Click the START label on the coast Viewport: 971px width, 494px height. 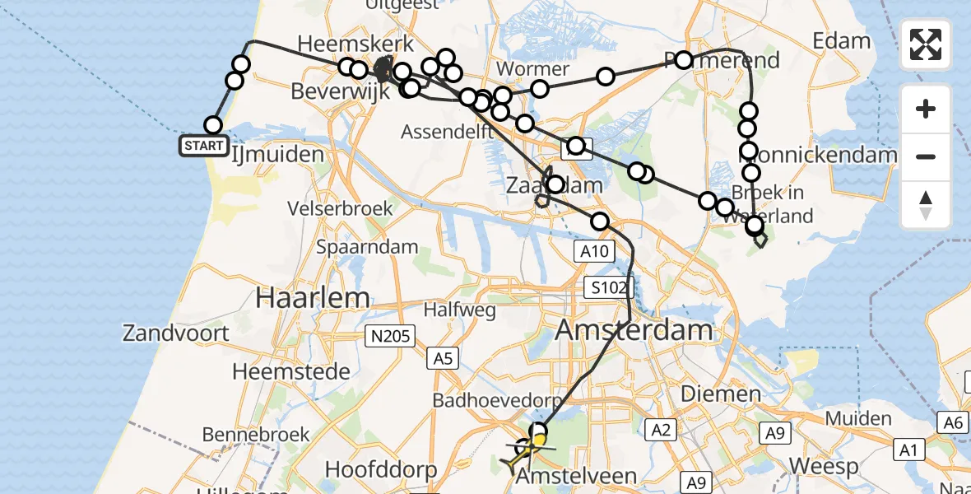(x=203, y=147)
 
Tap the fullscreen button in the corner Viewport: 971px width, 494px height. (x=926, y=44)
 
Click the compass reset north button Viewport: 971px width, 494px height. (x=926, y=205)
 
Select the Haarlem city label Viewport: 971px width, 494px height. (x=297, y=296)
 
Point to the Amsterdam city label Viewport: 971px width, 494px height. (x=634, y=331)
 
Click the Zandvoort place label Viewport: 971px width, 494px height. (x=176, y=333)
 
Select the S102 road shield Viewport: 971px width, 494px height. (x=607, y=287)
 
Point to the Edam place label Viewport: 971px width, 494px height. (x=841, y=41)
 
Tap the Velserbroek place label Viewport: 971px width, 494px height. (x=341, y=208)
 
